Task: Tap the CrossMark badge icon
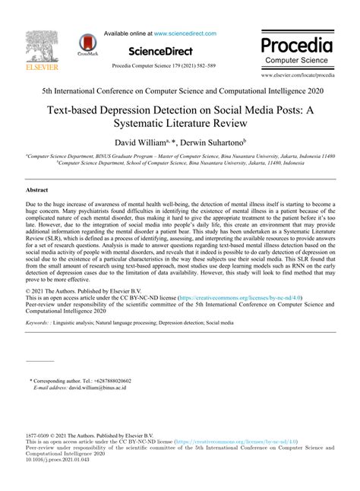click(x=91, y=47)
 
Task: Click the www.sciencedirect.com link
click(x=185, y=33)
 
